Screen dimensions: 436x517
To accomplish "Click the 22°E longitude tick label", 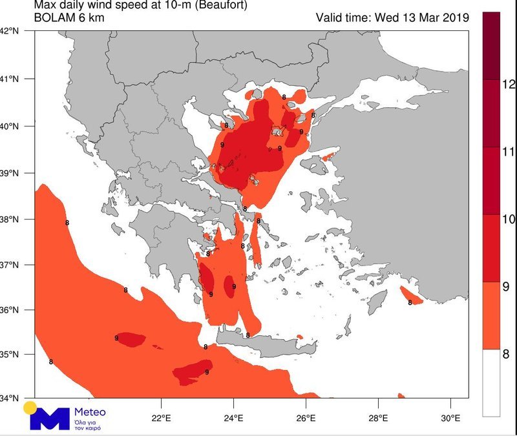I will (x=161, y=417).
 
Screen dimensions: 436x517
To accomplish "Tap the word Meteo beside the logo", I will (x=90, y=412).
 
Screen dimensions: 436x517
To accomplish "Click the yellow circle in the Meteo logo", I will (x=30, y=408).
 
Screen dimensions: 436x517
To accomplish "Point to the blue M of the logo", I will (x=49, y=419).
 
